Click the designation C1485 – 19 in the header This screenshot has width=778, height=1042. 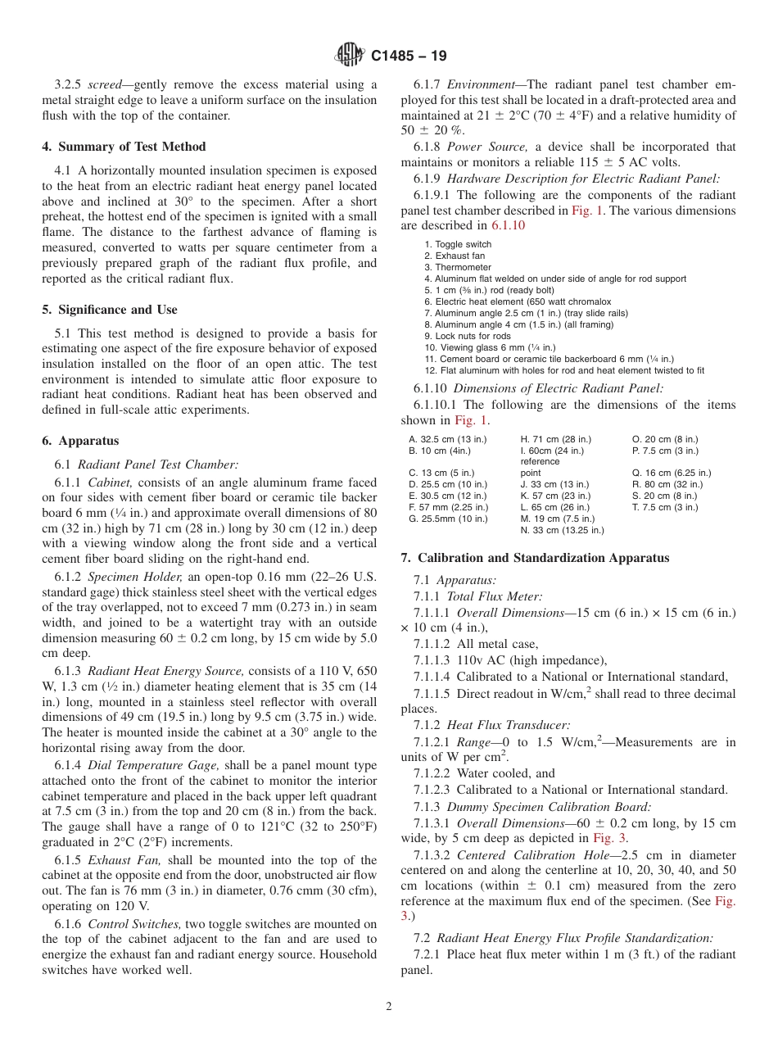(x=409, y=57)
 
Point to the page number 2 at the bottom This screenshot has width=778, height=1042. (x=389, y=1007)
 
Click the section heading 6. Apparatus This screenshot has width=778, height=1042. (x=80, y=441)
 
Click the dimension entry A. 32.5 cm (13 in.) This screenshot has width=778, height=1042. (x=447, y=439)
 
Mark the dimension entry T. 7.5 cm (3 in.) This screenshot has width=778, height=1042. (x=665, y=507)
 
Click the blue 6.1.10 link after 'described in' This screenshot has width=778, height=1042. (x=508, y=225)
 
